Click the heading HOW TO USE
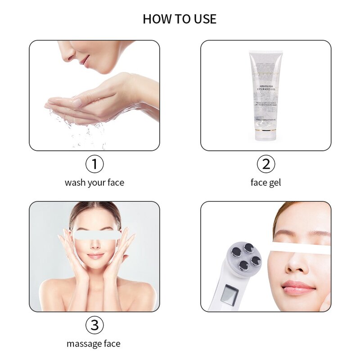180,19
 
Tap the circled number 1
94,164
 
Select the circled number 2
266,164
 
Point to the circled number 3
94,325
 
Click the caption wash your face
94,183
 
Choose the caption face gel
266,183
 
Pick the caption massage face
94,344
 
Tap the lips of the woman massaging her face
95,255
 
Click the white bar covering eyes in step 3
97,234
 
